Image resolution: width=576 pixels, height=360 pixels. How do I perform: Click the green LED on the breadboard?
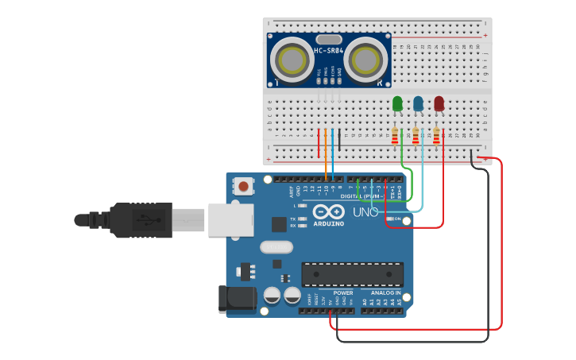click(397, 103)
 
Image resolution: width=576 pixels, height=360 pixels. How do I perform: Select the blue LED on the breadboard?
click(418, 103)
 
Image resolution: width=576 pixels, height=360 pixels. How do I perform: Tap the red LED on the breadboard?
click(439, 103)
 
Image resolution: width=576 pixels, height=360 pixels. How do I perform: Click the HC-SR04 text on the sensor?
click(328, 51)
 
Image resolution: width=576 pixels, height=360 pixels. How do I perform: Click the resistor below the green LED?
click(395, 136)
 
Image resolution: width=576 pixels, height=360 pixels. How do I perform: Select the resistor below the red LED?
click(436, 136)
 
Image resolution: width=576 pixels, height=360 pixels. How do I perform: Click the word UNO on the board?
click(365, 213)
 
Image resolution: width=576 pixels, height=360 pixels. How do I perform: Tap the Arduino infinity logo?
click(327, 212)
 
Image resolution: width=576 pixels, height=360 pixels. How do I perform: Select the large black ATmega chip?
click(352, 274)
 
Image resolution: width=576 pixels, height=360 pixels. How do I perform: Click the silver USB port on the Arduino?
click(230, 219)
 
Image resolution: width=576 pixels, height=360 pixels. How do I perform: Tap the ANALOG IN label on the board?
click(387, 292)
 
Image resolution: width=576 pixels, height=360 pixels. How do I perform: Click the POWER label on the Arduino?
click(343, 292)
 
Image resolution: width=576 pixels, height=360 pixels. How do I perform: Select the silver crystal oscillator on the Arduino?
click(276, 247)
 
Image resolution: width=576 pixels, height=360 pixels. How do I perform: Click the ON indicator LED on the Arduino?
click(389, 219)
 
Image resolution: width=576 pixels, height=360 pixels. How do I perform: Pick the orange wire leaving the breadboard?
click(326, 155)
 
